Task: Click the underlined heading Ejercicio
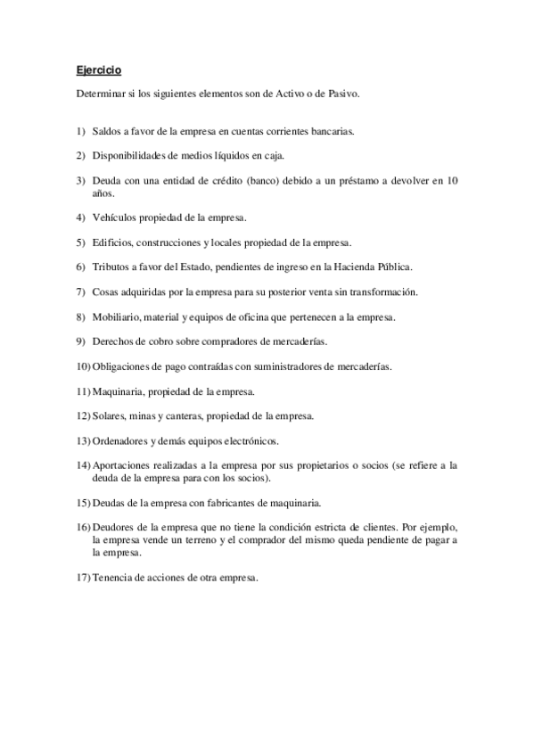pos(97,69)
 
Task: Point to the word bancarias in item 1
pos(332,131)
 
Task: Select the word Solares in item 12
pos(109,415)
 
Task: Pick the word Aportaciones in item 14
pos(122,465)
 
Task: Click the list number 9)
pos(80,341)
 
